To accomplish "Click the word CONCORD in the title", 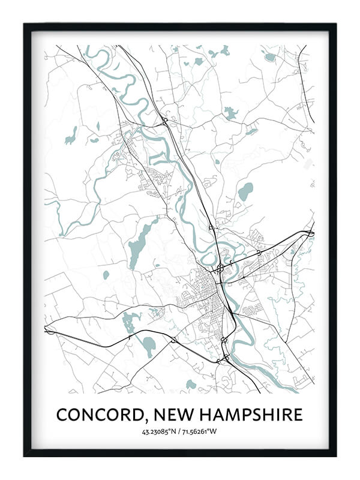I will coord(98,415).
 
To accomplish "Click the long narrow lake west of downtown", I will coord(139,246).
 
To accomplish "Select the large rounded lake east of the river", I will coord(245,192).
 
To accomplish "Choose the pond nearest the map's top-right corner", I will coord(269,57).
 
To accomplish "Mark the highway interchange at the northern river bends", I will coord(164,121).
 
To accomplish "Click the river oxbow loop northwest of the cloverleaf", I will coord(210,257).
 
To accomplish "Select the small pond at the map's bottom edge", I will coord(191,383).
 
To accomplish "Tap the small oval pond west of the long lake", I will coord(106,275).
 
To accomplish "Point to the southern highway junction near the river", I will coord(225,358).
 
